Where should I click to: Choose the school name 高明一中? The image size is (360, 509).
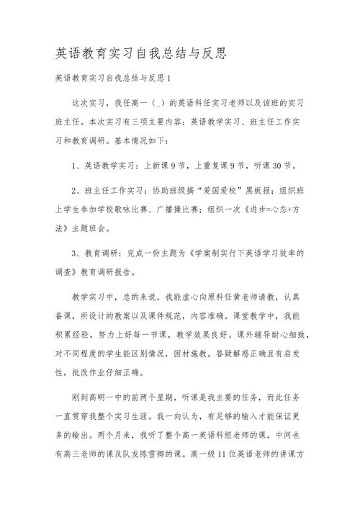coord(112,397)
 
